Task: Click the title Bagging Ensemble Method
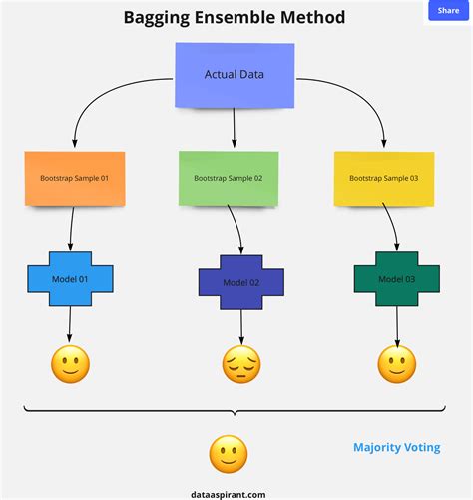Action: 235,18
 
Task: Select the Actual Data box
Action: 236,75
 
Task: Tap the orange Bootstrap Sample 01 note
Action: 75,178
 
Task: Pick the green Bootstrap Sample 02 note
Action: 229,178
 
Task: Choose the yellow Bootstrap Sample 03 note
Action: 383,178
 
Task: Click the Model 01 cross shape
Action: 70,279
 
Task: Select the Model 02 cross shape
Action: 240,282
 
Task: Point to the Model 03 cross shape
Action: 397,278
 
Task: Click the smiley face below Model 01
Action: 70,364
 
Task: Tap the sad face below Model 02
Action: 240,365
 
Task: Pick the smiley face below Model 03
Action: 397,364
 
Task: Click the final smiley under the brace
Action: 228,454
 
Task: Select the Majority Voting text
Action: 396,448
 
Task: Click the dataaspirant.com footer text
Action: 229,493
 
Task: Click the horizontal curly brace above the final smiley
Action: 235,410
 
